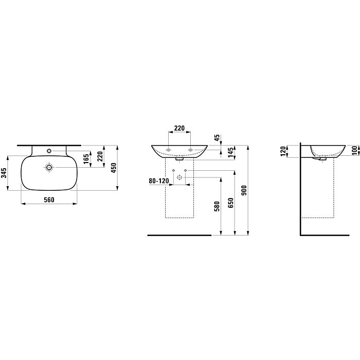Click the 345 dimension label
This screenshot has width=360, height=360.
(5, 173)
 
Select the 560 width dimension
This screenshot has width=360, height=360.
(49, 200)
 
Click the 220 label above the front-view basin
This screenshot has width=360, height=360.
(179, 129)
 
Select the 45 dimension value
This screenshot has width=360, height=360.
(217, 137)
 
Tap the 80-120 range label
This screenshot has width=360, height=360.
(158, 181)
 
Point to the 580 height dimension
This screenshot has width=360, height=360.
(217, 206)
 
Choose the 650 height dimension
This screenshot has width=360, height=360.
(231, 204)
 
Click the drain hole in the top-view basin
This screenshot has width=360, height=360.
(49, 168)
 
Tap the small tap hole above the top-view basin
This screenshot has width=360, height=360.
(49, 151)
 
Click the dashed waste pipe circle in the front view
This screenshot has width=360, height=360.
(179, 177)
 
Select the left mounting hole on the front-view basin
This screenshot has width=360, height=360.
(168, 150)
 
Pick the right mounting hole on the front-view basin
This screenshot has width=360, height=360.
(191, 150)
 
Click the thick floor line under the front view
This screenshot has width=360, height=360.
(179, 235)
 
